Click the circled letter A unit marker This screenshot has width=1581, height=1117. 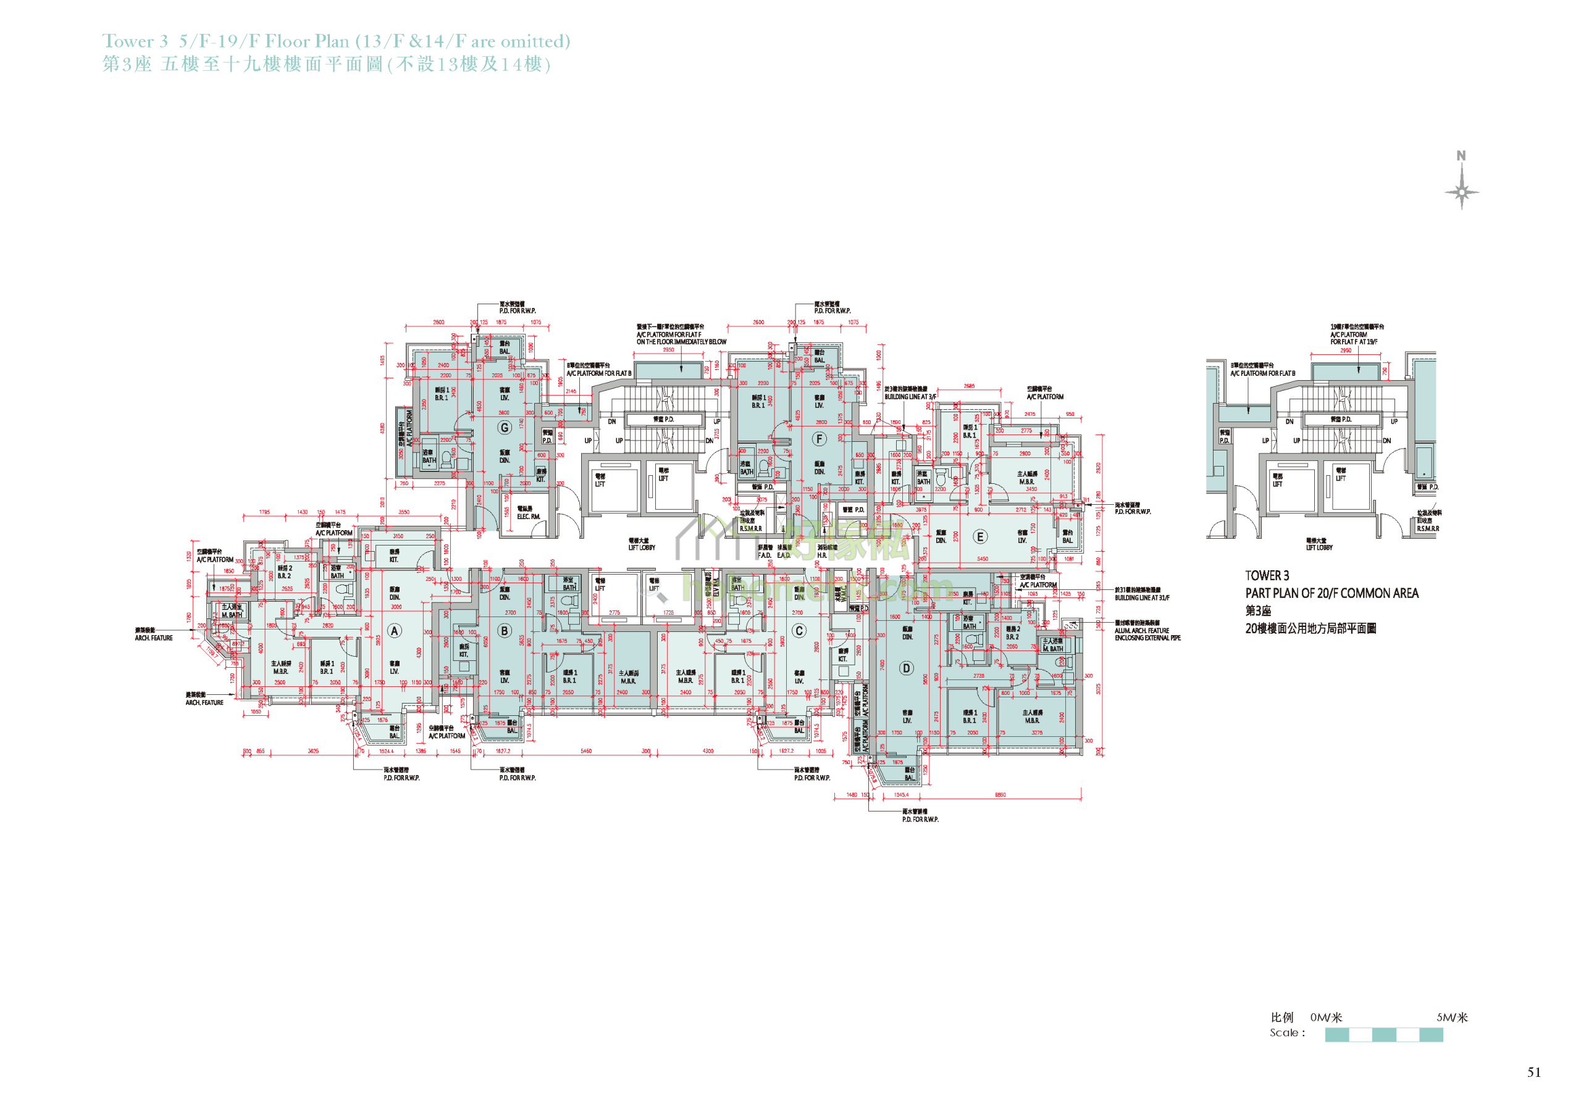tap(395, 631)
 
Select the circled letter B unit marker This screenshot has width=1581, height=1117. tap(505, 631)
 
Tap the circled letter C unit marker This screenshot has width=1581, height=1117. tap(799, 631)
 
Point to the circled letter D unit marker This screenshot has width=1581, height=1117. tap(906, 668)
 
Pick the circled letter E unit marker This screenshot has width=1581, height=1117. tap(980, 537)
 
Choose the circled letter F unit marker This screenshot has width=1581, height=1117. tap(820, 438)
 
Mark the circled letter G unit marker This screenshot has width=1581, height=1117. tap(505, 428)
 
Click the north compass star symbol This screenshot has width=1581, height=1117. tap(1461, 191)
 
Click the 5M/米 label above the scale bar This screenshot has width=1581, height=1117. tap(1451, 1017)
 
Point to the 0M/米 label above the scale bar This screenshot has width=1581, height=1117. tap(1326, 1017)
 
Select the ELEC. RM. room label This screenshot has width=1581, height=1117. tap(529, 516)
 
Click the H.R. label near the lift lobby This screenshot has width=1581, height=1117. tap(821, 555)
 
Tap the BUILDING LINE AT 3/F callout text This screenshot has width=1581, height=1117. tap(910, 396)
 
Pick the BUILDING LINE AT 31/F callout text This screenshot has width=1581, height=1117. tap(1142, 597)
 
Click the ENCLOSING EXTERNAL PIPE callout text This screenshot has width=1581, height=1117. tap(1147, 638)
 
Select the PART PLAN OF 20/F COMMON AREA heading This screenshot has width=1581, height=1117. tap(1331, 593)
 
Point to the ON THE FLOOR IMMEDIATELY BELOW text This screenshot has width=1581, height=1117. tap(681, 341)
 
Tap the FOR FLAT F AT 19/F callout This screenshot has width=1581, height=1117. tap(1354, 341)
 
